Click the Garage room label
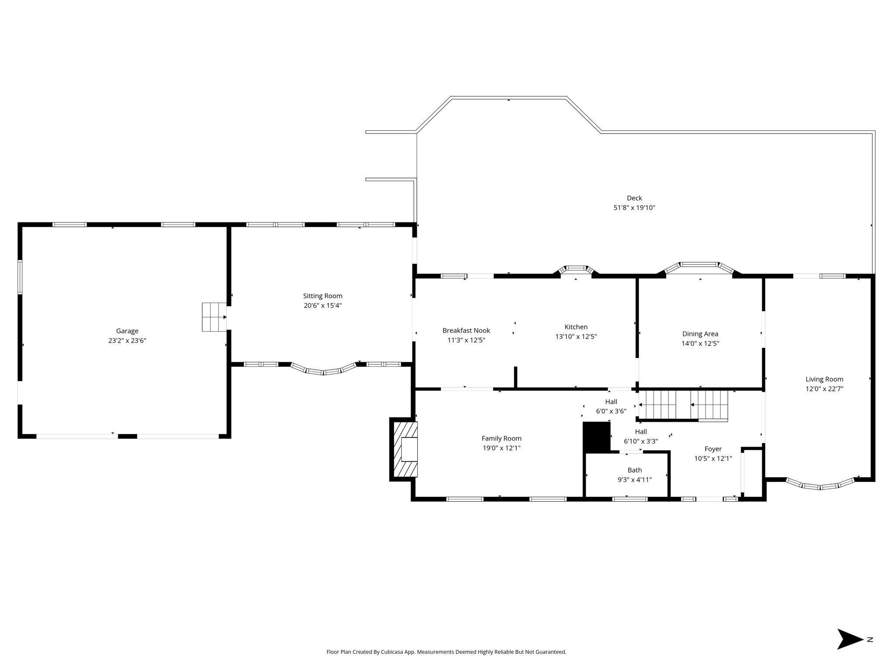pyautogui.click(x=127, y=331)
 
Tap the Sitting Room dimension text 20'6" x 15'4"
pyautogui.click(x=323, y=306)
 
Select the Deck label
pyautogui.click(x=634, y=198)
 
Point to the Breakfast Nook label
pyautogui.click(x=466, y=331)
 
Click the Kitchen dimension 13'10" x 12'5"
pyautogui.click(x=576, y=337)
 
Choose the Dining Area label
pyautogui.click(x=700, y=334)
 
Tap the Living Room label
pyautogui.click(x=824, y=379)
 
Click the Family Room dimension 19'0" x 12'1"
pyautogui.click(x=501, y=448)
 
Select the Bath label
pyautogui.click(x=634, y=470)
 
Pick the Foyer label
pyautogui.click(x=713, y=449)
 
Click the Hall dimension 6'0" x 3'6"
pyautogui.click(x=611, y=411)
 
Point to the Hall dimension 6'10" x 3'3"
pyautogui.click(x=641, y=441)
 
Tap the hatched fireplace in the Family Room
pyautogui.click(x=406, y=450)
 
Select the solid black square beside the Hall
pyautogui.click(x=597, y=437)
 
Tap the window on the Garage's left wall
pyautogui.click(x=20, y=277)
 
